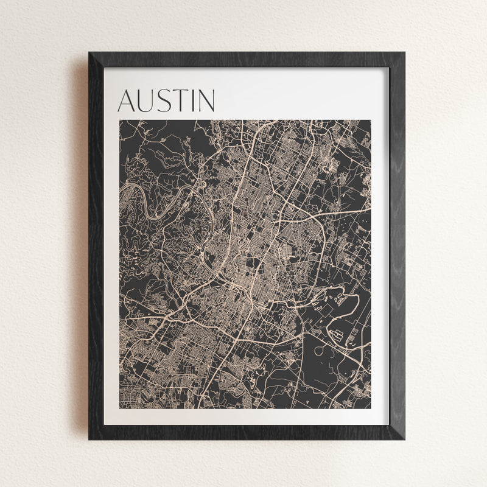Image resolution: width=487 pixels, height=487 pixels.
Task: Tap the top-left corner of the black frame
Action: (x=89, y=54)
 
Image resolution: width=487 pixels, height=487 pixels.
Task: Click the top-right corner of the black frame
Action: (x=404, y=54)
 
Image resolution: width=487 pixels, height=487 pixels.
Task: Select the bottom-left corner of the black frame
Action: (x=89, y=438)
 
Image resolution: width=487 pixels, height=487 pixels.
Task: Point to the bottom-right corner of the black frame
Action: (x=404, y=438)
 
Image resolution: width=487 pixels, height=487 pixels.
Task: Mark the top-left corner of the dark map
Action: (x=119, y=121)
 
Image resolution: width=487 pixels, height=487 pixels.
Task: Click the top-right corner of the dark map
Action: (x=371, y=121)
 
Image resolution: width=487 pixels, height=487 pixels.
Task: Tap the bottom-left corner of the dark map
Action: (x=119, y=408)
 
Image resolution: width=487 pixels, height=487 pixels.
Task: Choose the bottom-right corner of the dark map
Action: (x=371, y=408)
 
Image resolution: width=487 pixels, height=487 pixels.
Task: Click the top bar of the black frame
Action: (x=247, y=60)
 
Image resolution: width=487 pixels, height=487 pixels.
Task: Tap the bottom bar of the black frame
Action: (x=247, y=432)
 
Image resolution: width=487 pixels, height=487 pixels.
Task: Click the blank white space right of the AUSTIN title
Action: (x=298, y=97)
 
